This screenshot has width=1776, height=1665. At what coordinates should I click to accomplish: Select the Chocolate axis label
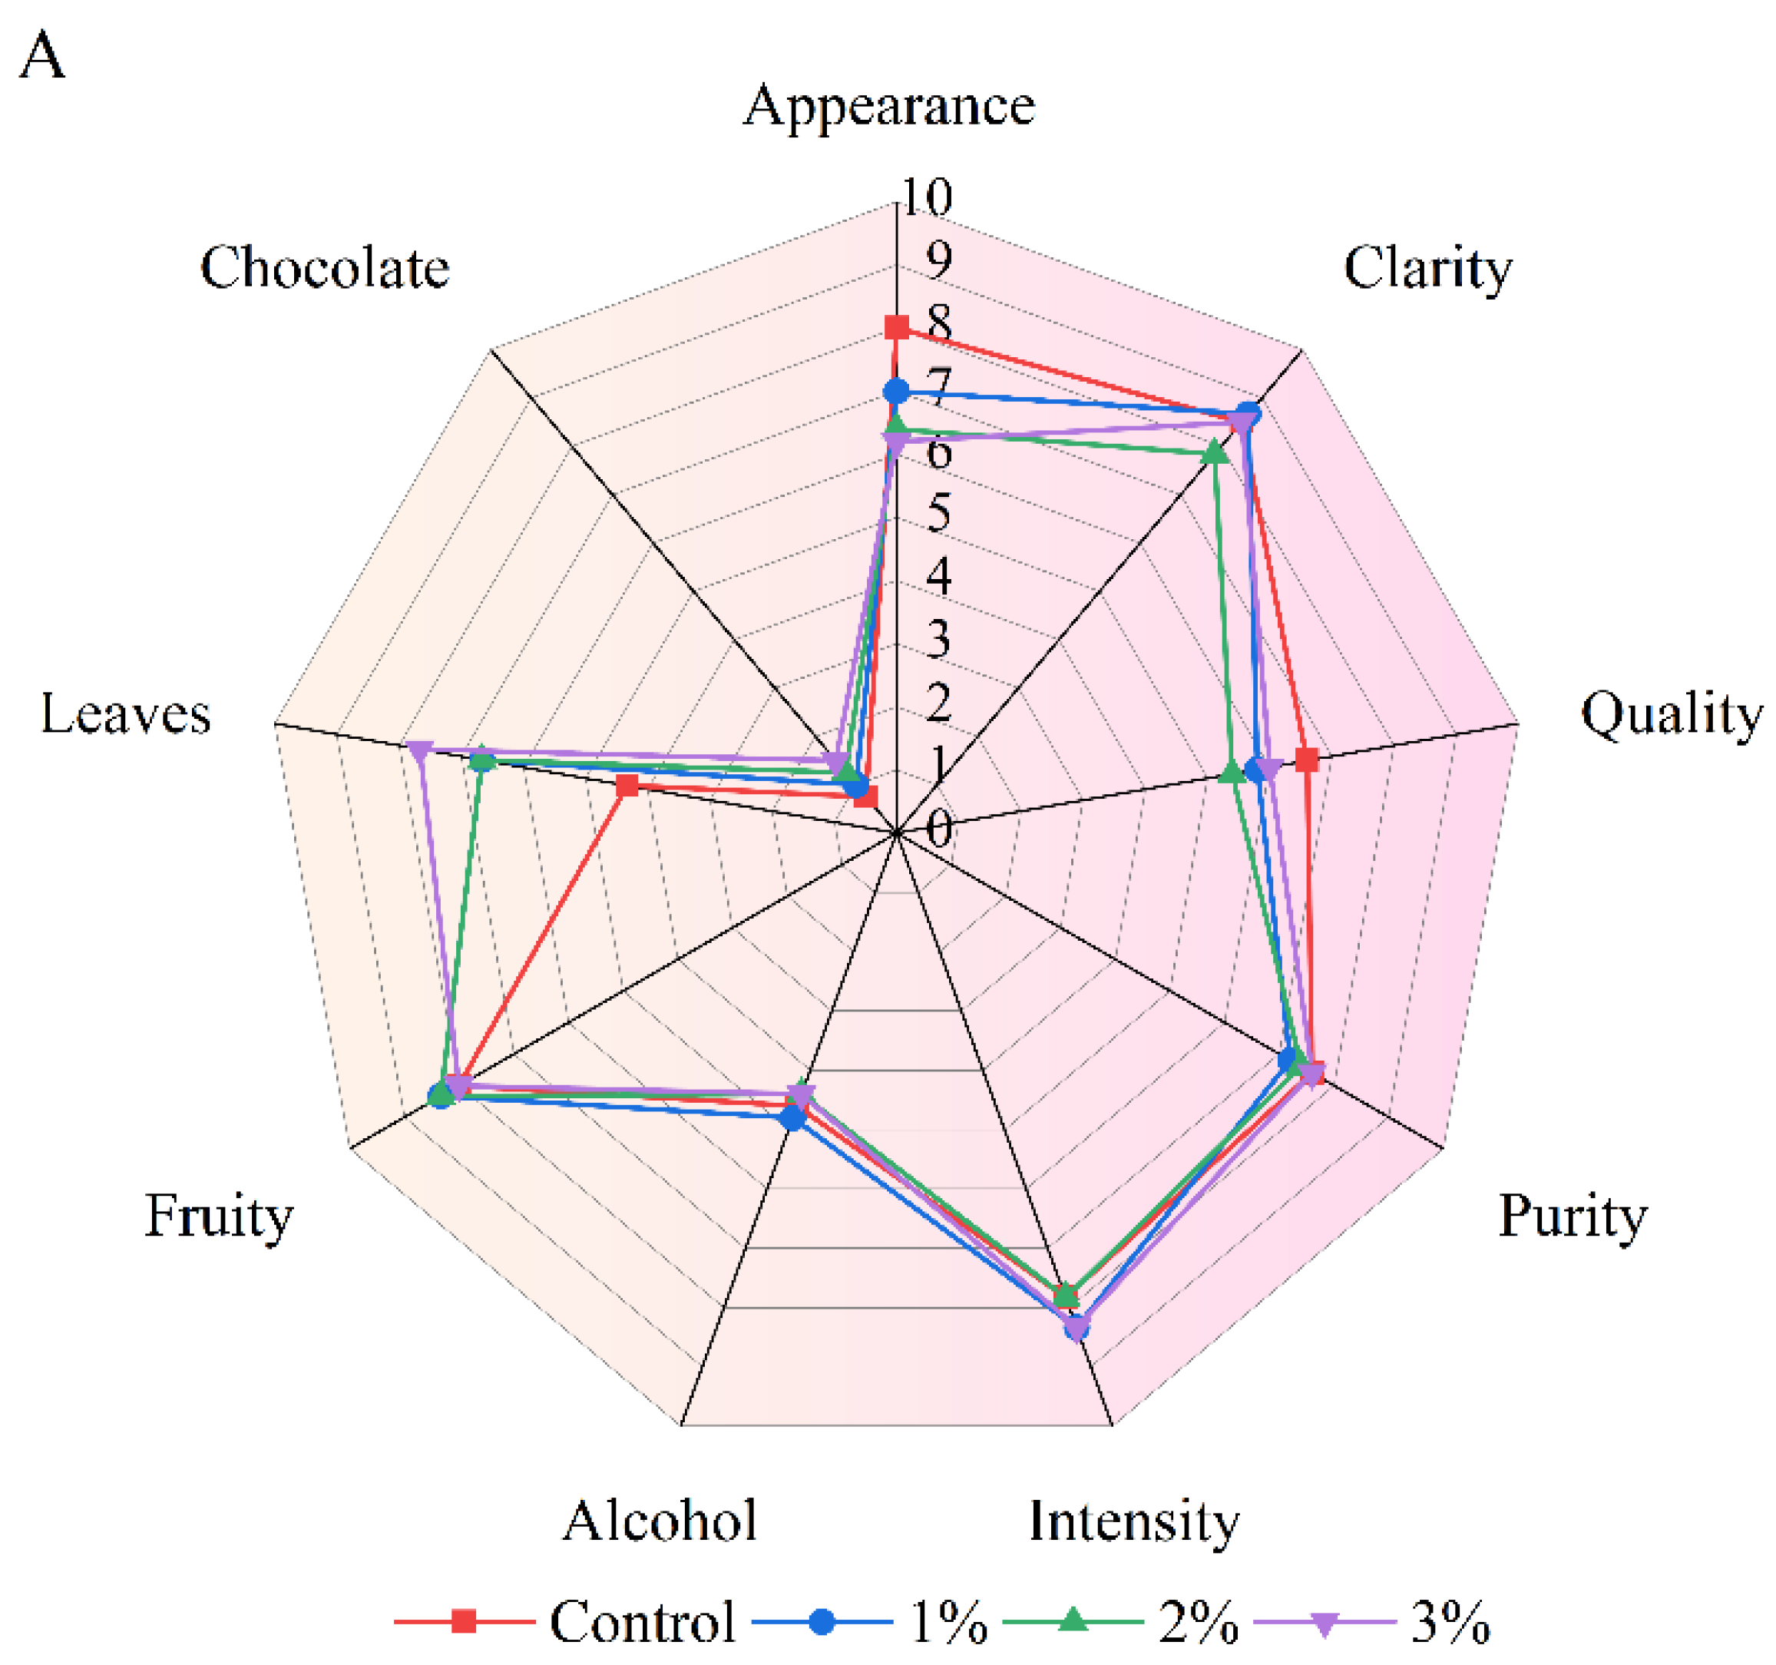(x=324, y=267)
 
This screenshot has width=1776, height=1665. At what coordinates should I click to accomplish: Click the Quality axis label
(x=1672, y=715)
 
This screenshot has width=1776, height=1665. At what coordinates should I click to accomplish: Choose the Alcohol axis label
(x=660, y=1521)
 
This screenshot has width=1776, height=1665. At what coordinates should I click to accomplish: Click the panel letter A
(x=42, y=55)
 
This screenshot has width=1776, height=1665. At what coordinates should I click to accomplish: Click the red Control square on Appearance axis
(x=896, y=328)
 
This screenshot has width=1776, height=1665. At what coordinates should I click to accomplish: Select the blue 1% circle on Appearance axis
(x=896, y=392)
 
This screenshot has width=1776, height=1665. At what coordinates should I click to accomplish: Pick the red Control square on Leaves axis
(x=628, y=786)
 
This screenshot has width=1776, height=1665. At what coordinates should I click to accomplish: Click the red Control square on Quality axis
(x=1307, y=760)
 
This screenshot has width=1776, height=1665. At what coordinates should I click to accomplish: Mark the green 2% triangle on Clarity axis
(x=1214, y=454)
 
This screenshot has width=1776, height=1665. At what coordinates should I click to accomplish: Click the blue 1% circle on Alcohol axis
(x=792, y=1118)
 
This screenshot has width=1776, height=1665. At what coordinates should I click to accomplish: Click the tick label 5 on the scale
(x=937, y=513)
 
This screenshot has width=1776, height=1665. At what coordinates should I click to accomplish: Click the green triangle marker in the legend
(x=1073, y=1620)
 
